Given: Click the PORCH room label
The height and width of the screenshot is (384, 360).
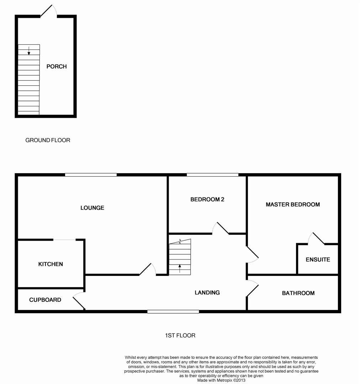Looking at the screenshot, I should [57, 66].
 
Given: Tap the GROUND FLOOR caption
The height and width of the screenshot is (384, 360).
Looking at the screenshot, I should [48, 140].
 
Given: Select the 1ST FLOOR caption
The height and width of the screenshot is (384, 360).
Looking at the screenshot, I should [180, 335].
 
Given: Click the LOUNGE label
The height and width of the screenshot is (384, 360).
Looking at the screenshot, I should [92, 208].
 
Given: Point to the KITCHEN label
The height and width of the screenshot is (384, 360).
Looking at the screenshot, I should [51, 264].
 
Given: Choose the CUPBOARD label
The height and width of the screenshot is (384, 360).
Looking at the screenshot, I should [45, 300].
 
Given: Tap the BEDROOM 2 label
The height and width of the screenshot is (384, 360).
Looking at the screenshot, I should [207, 199].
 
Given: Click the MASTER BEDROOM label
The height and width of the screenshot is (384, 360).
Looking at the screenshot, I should [293, 204].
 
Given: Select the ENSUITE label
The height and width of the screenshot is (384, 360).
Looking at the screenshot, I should [318, 260].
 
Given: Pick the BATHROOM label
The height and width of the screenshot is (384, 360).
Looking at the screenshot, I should [298, 293].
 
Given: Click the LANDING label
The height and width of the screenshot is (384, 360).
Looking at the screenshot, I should [207, 293].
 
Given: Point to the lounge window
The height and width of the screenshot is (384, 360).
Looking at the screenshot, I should [91, 175].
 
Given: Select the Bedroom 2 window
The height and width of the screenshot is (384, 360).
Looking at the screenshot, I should [212, 175].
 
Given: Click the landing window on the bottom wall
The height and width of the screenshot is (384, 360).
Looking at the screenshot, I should [173, 311].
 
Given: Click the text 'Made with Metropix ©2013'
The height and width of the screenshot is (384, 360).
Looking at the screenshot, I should [221, 380].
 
